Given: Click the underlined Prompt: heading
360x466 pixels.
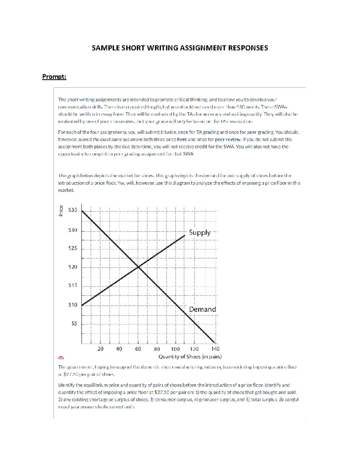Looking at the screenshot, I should coord(54,77).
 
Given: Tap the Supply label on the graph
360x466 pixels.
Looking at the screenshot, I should coord(200,233).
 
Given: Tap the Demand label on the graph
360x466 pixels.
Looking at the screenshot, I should coord(202,309).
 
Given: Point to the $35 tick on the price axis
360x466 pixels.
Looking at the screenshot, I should coord(73,210).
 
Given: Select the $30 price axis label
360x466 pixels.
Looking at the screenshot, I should coord(73,230).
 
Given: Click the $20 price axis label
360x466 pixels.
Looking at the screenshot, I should coord(73,267).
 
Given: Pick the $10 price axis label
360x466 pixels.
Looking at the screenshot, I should coord(73,305).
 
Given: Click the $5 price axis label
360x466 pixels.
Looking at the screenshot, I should coord(74,323).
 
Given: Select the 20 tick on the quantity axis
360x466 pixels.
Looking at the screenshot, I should coord(100,349).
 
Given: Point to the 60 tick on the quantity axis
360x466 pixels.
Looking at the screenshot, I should coord(138,349).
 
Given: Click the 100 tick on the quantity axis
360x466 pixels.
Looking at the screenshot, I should coord(175,349).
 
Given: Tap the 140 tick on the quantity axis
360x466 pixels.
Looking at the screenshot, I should coord(215,349).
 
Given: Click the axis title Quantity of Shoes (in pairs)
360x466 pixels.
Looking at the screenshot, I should coord(190,356).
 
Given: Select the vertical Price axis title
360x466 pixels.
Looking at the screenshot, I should coord(61,210).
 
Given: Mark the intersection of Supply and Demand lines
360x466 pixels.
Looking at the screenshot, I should coord(138,267).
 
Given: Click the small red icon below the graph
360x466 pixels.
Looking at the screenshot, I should coord(61,358).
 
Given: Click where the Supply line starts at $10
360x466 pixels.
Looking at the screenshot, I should coord(82,305).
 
